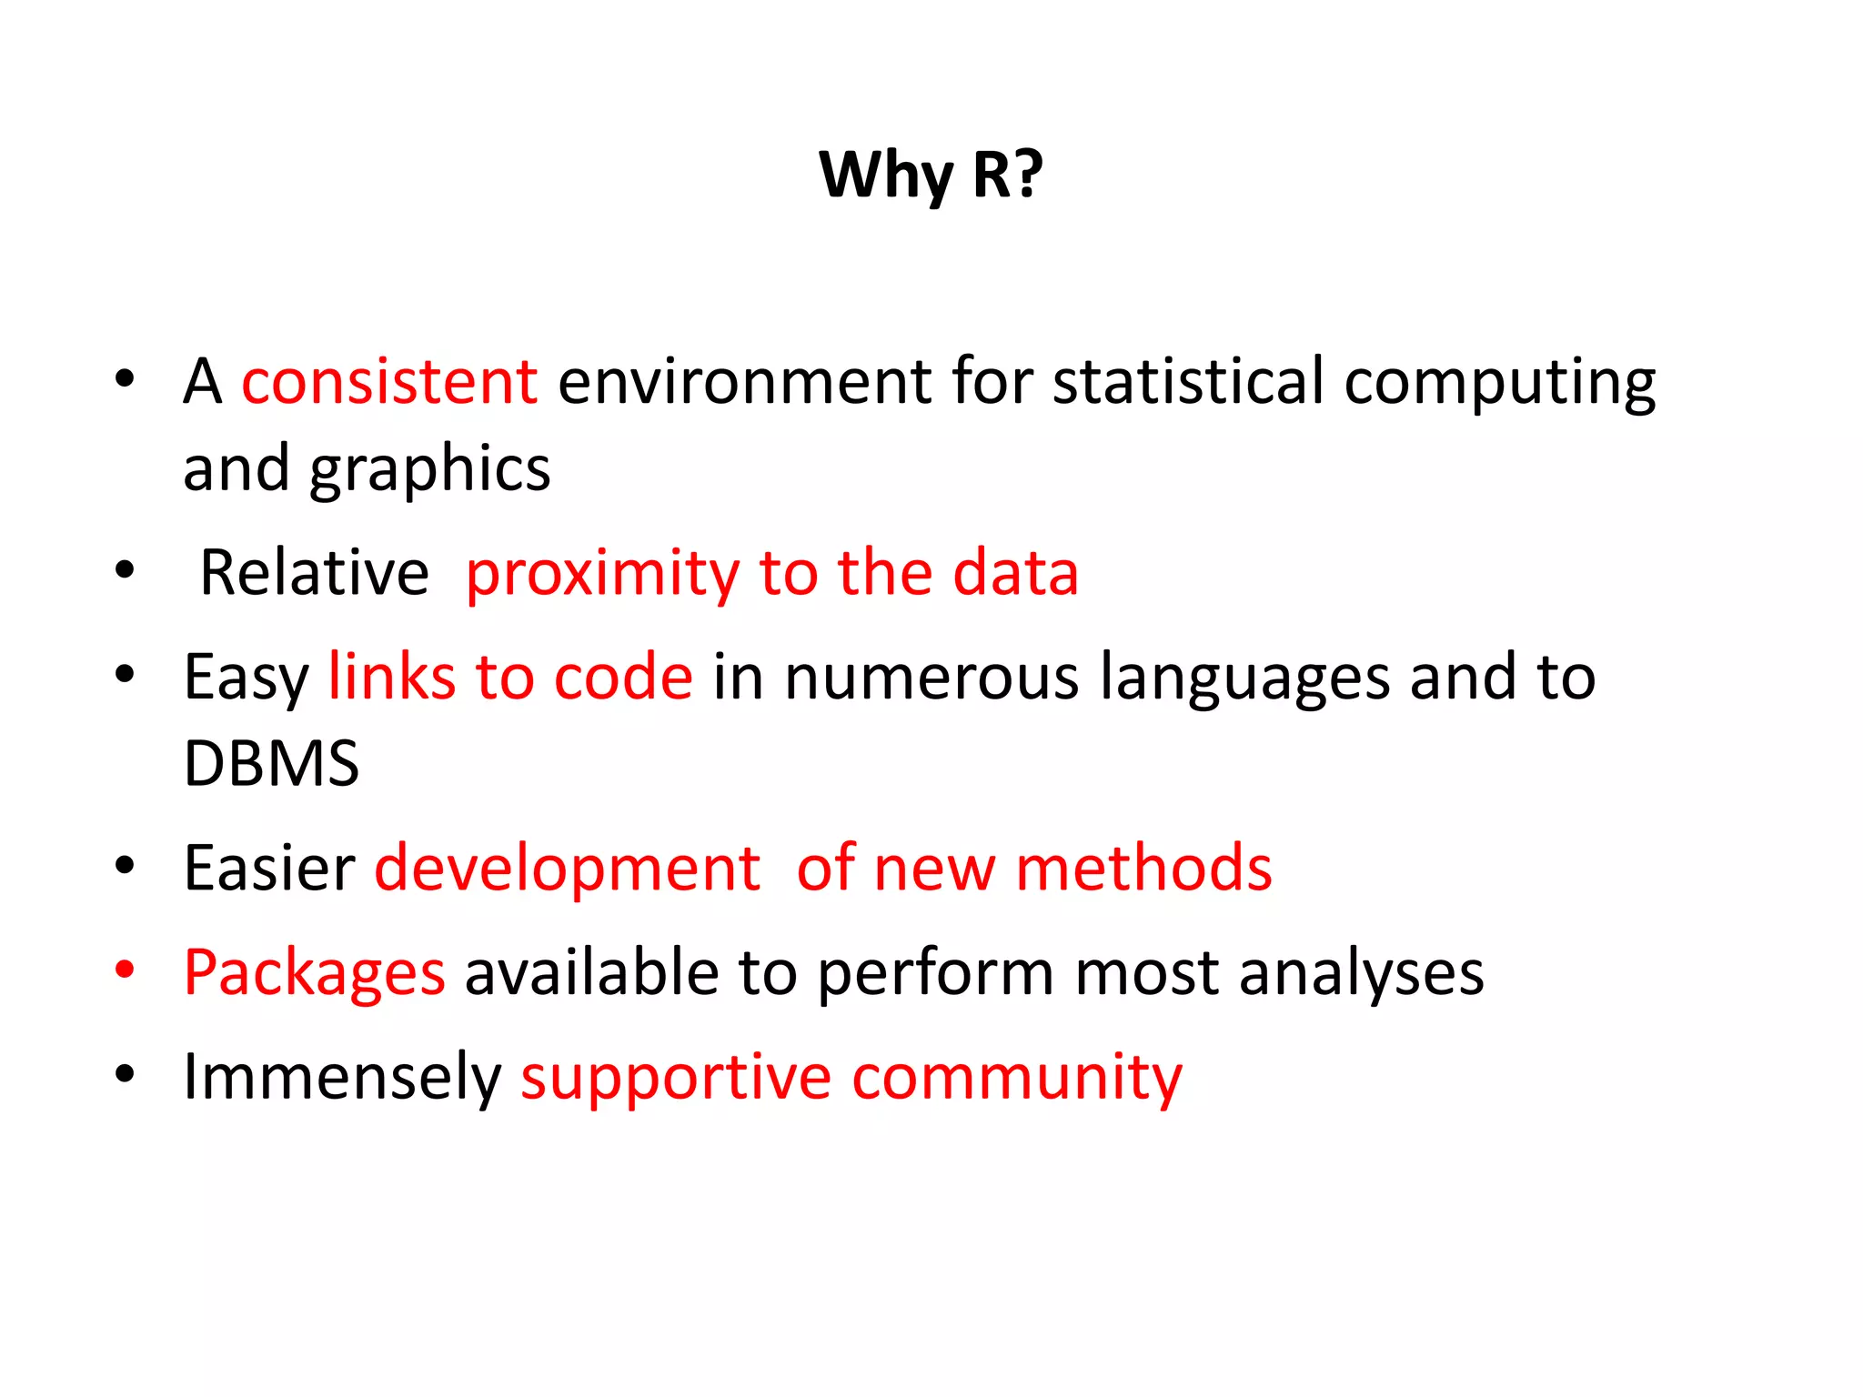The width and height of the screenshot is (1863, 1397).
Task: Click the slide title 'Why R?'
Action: coord(931,175)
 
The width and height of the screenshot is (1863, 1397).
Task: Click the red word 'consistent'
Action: coord(389,381)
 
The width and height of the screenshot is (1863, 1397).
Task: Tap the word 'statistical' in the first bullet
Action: coord(1187,381)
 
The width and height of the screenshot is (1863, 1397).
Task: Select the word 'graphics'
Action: coord(429,470)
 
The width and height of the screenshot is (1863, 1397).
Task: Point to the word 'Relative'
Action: coord(314,573)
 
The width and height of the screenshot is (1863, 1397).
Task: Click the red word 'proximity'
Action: coord(602,575)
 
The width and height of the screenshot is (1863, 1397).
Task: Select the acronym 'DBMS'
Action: coord(271,764)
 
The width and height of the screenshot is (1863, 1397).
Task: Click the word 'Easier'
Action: coord(269,869)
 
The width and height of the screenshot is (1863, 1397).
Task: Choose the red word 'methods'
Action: coord(1143,869)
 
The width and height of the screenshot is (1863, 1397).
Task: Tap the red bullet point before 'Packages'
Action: coord(125,970)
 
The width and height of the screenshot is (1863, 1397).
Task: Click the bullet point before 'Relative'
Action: coord(125,571)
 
